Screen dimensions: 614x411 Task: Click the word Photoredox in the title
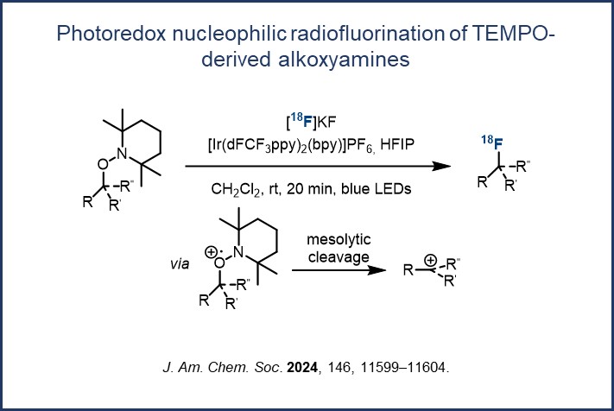tap(111, 34)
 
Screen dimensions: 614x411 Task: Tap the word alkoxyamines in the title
tap(345, 60)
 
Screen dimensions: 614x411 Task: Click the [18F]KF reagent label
tap(311, 122)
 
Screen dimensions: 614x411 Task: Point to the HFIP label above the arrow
tap(397, 144)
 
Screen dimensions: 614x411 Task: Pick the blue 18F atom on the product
tap(492, 142)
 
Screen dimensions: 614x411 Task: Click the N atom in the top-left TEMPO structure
tap(122, 154)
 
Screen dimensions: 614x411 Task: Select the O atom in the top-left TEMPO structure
tap(103, 164)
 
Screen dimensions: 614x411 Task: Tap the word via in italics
tap(180, 264)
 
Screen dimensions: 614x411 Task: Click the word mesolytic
tap(339, 239)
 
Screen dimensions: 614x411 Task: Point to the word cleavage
tap(339, 257)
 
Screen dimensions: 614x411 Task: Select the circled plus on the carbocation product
tap(430, 260)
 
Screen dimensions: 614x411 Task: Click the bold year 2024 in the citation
tap(302, 368)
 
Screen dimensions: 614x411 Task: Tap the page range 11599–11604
tap(403, 368)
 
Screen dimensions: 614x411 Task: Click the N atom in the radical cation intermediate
tap(238, 252)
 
